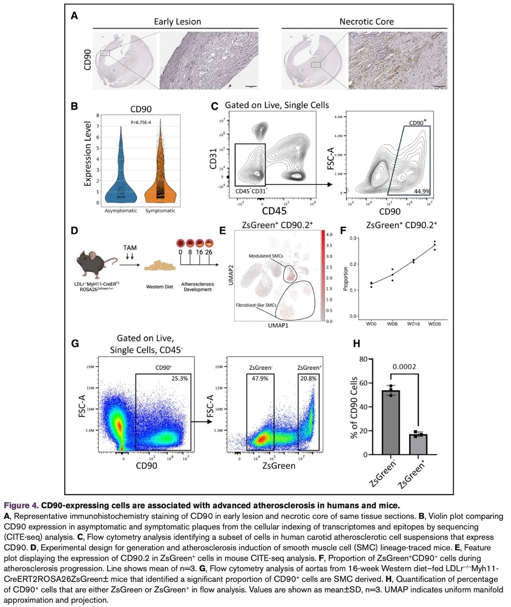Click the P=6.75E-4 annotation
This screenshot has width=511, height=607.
[x=145, y=123]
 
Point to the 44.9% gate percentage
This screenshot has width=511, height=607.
[x=422, y=191]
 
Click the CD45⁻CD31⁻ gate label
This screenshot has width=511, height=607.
[x=251, y=191]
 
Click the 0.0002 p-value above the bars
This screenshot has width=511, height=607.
[x=404, y=367]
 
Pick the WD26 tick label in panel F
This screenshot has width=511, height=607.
[x=434, y=324]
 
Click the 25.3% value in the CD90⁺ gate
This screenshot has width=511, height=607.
[x=179, y=378]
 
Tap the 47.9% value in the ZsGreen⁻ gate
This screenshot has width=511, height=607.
[x=260, y=378]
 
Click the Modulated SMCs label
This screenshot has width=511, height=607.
[x=265, y=256]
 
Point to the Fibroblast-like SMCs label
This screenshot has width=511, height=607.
[x=256, y=305]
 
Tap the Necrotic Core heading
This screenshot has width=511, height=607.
[x=366, y=22]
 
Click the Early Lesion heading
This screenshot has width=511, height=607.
[x=177, y=22]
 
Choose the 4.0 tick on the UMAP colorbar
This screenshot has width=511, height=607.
[x=329, y=235]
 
